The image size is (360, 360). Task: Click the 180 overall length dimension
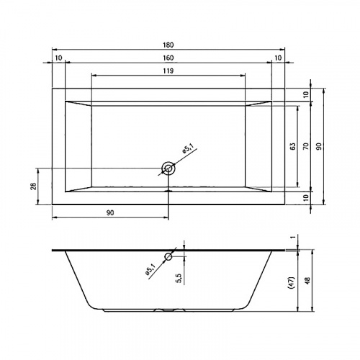[168, 45]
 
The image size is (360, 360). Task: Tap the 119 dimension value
[168, 71]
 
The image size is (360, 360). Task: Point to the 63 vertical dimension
[292, 146]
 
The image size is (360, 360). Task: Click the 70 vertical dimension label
[305, 146]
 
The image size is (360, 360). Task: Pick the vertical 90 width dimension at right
[319, 146]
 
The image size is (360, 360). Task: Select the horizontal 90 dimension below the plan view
[110, 213]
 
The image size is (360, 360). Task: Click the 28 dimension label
[34, 186]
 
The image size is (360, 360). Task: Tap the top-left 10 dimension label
[58, 58]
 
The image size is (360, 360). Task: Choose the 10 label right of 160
[278, 58]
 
